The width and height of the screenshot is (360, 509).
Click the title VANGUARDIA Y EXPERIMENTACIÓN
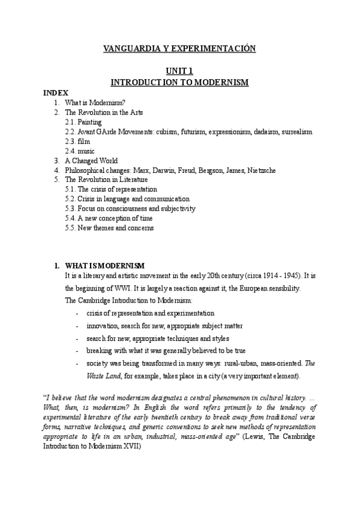pyautogui.click(x=180, y=49)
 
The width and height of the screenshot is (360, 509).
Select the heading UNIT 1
pyautogui.click(x=180, y=71)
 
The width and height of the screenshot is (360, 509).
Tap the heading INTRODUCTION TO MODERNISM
pyautogui.click(x=180, y=82)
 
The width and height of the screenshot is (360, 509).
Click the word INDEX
pyautogui.click(x=56, y=92)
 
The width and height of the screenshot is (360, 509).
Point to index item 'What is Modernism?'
pyautogui.click(x=95, y=103)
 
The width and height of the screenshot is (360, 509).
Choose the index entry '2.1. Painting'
pyautogui.click(x=83, y=122)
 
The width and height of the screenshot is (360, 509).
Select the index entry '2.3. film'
pyautogui.click(x=78, y=141)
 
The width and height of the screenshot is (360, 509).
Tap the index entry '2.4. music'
pyautogui.click(x=80, y=151)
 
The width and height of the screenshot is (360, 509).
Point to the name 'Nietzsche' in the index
pyautogui.click(x=261, y=170)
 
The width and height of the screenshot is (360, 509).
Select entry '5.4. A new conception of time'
pyautogui.click(x=113, y=218)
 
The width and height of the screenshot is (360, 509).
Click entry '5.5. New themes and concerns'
pyautogui.click(x=109, y=227)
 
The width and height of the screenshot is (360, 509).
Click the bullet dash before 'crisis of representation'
pyautogui.click(x=77, y=313)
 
